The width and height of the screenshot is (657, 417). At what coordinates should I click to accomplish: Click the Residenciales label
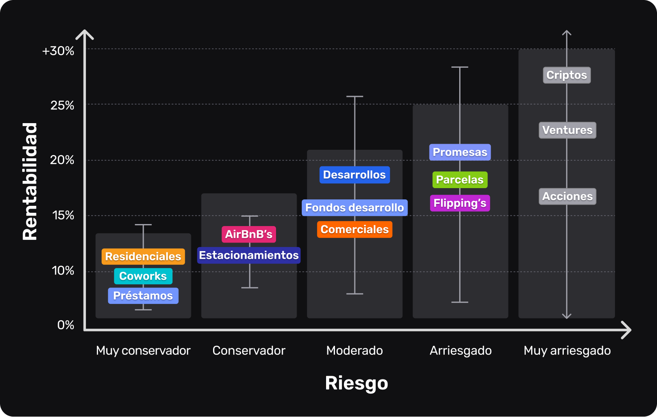pos(143,256)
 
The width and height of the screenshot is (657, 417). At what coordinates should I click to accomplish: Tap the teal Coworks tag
pos(143,276)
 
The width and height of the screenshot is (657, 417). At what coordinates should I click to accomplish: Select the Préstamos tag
pos(143,296)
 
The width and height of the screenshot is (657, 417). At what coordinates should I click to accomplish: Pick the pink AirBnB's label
pos(249,234)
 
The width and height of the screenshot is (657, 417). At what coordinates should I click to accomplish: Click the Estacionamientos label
pos(249,255)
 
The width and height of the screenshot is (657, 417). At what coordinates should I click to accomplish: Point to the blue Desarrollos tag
pos(354,175)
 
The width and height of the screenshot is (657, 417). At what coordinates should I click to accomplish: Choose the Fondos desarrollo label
pos(354,207)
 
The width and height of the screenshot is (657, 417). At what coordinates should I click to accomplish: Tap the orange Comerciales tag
pos(354,229)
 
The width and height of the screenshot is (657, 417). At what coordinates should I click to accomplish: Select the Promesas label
pos(460,152)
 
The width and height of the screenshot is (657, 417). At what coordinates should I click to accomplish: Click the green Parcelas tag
pos(460,180)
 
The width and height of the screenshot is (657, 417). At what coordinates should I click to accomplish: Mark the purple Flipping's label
pos(460,203)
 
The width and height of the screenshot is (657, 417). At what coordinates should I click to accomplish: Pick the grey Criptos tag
pos(567,75)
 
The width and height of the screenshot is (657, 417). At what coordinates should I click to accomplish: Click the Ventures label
pos(567,130)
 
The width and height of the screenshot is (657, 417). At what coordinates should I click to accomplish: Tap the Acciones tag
pos(567,196)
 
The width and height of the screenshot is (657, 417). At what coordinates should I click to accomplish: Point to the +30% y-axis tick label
pos(58,51)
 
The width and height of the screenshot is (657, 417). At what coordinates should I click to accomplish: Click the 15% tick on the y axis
pos(63,215)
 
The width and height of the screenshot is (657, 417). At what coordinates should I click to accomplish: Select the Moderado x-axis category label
pos(354,350)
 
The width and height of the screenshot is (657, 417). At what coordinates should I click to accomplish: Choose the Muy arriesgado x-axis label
pos(567,350)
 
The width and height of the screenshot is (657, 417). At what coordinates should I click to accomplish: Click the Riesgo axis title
pos(356,383)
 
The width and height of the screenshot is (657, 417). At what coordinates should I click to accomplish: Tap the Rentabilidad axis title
pos(30,181)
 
